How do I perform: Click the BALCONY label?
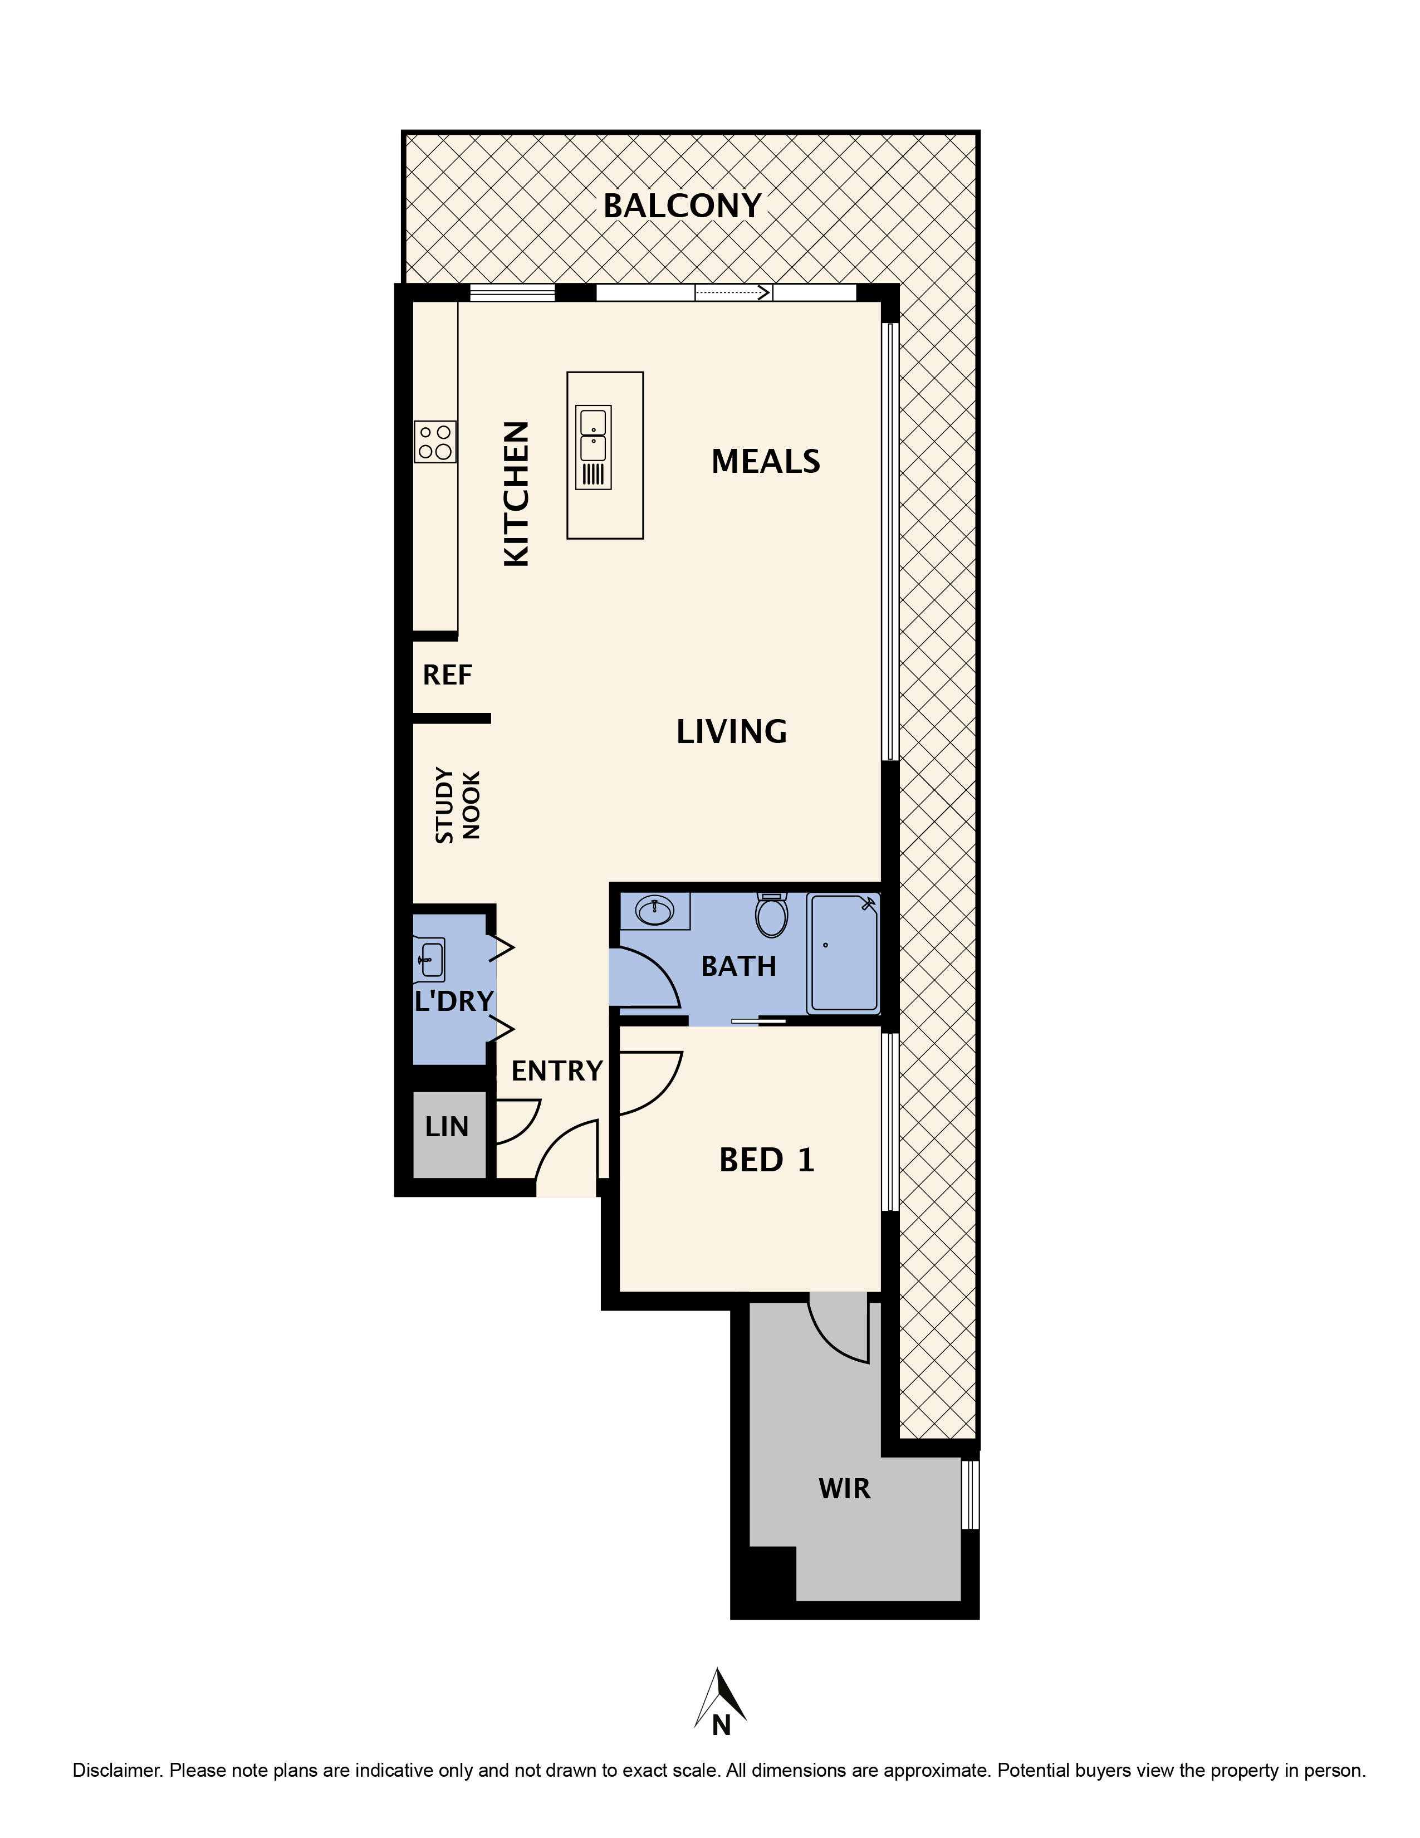[682, 206]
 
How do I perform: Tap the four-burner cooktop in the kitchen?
[435, 442]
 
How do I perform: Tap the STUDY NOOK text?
[457, 805]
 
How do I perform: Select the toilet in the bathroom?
[771, 916]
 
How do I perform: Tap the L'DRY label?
[453, 1001]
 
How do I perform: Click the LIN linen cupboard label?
[446, 1127]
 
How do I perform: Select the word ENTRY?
[557, 1070]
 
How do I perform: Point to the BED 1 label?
[766, 1161]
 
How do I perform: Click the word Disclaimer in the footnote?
[117, 1770]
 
